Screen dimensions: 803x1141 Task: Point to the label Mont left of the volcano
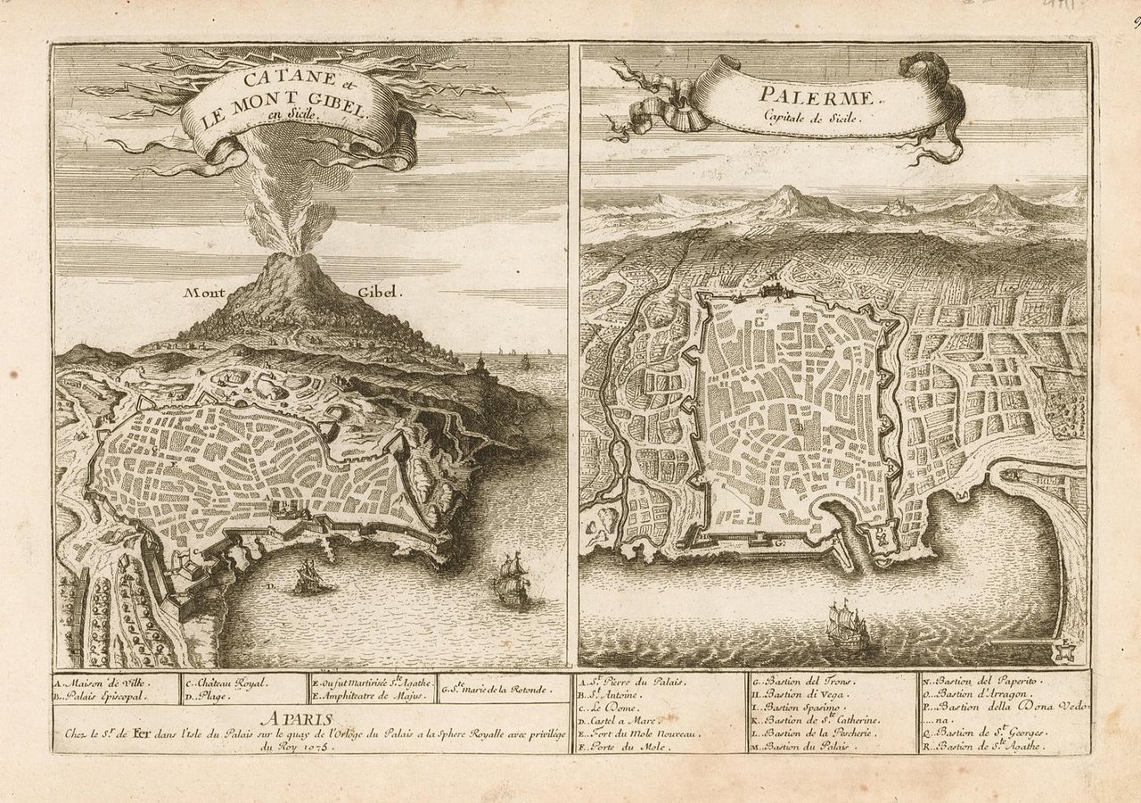click(204, 292)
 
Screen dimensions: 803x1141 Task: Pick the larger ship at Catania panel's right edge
click(513, 581)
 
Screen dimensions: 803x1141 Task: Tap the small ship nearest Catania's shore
click(308, 577)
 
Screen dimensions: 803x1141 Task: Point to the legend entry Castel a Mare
click(623, 719)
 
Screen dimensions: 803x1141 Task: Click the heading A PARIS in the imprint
click(298, 717)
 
